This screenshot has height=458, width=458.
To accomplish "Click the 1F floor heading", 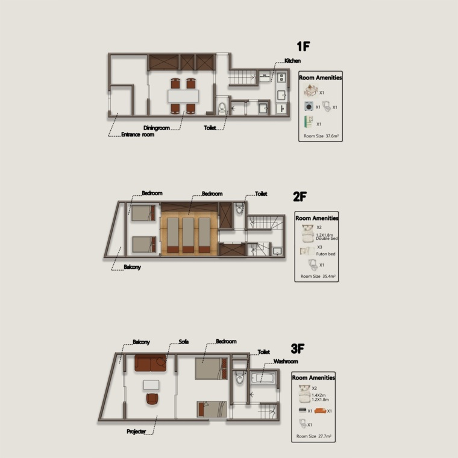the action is (x=303, y=46).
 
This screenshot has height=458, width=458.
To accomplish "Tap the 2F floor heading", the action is (x=300, y=196).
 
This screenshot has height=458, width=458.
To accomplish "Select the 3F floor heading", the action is (x=298, y=348).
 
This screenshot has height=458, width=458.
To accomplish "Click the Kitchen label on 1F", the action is (x=292, y=61).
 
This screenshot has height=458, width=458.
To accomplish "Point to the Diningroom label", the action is (x=157, y=128).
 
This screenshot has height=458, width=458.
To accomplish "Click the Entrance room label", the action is (x=137, y=134).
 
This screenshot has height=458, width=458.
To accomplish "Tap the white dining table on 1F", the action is (x=183, y=96).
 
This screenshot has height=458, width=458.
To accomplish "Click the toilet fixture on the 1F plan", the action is (x=222, y=108).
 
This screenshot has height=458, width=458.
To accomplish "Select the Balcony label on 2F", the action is (x=132, y=267).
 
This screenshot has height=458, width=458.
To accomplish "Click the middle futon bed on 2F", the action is (x=188, y=235).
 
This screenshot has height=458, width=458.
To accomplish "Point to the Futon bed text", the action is (x=325, y=254).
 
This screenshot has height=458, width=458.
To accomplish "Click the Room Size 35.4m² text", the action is (x=318, y=277).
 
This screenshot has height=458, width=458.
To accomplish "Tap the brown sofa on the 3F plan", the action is (x=151, y=363).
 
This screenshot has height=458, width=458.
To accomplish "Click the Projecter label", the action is (x=136, y=431).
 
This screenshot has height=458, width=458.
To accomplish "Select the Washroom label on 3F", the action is (x=286, y=362).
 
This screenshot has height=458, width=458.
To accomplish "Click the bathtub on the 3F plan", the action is (x=263, y=378).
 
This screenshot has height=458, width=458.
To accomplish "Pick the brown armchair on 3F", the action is (x=152, y=399).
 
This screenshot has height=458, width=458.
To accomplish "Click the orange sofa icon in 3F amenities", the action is (x=320, y=410).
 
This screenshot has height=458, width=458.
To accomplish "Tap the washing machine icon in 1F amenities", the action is (x=309, y=106).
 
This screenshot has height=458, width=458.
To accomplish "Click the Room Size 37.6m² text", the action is (x=321, y=136).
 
